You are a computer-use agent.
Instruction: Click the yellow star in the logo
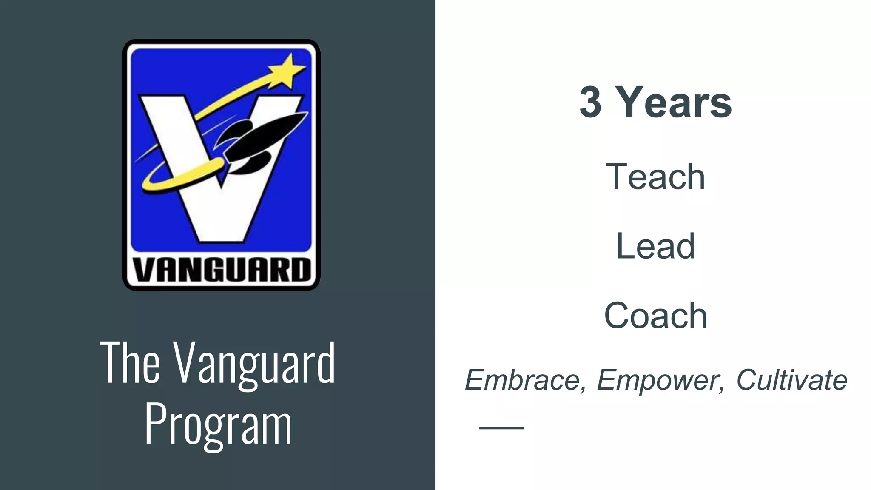point(287,71)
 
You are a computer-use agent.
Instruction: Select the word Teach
point(655,177)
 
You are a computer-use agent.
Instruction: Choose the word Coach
point(655,316)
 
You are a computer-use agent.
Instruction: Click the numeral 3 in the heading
point(591,103)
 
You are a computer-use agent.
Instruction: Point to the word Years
point(675,103)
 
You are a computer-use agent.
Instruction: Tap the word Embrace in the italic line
point(522,379)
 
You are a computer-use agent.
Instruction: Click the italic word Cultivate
point(791,379)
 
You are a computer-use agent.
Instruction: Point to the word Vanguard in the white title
point(255,364)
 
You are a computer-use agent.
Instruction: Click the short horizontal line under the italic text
point(501,428)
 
